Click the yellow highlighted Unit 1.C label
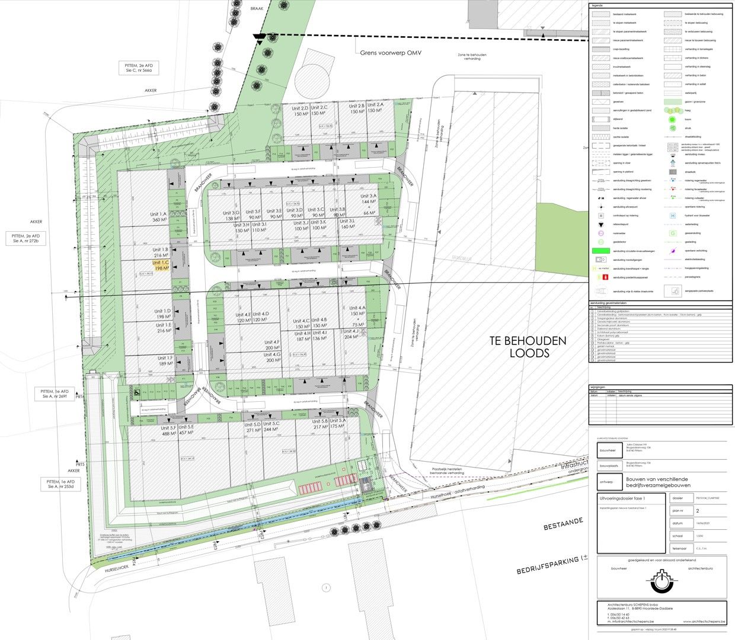[161, 265]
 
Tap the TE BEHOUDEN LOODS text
[527, 347]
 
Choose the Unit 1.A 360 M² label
[159, 217]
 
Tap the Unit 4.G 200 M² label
[273, 357]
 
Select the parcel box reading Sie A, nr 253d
[61, 484]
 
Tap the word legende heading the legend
[597, 5]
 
